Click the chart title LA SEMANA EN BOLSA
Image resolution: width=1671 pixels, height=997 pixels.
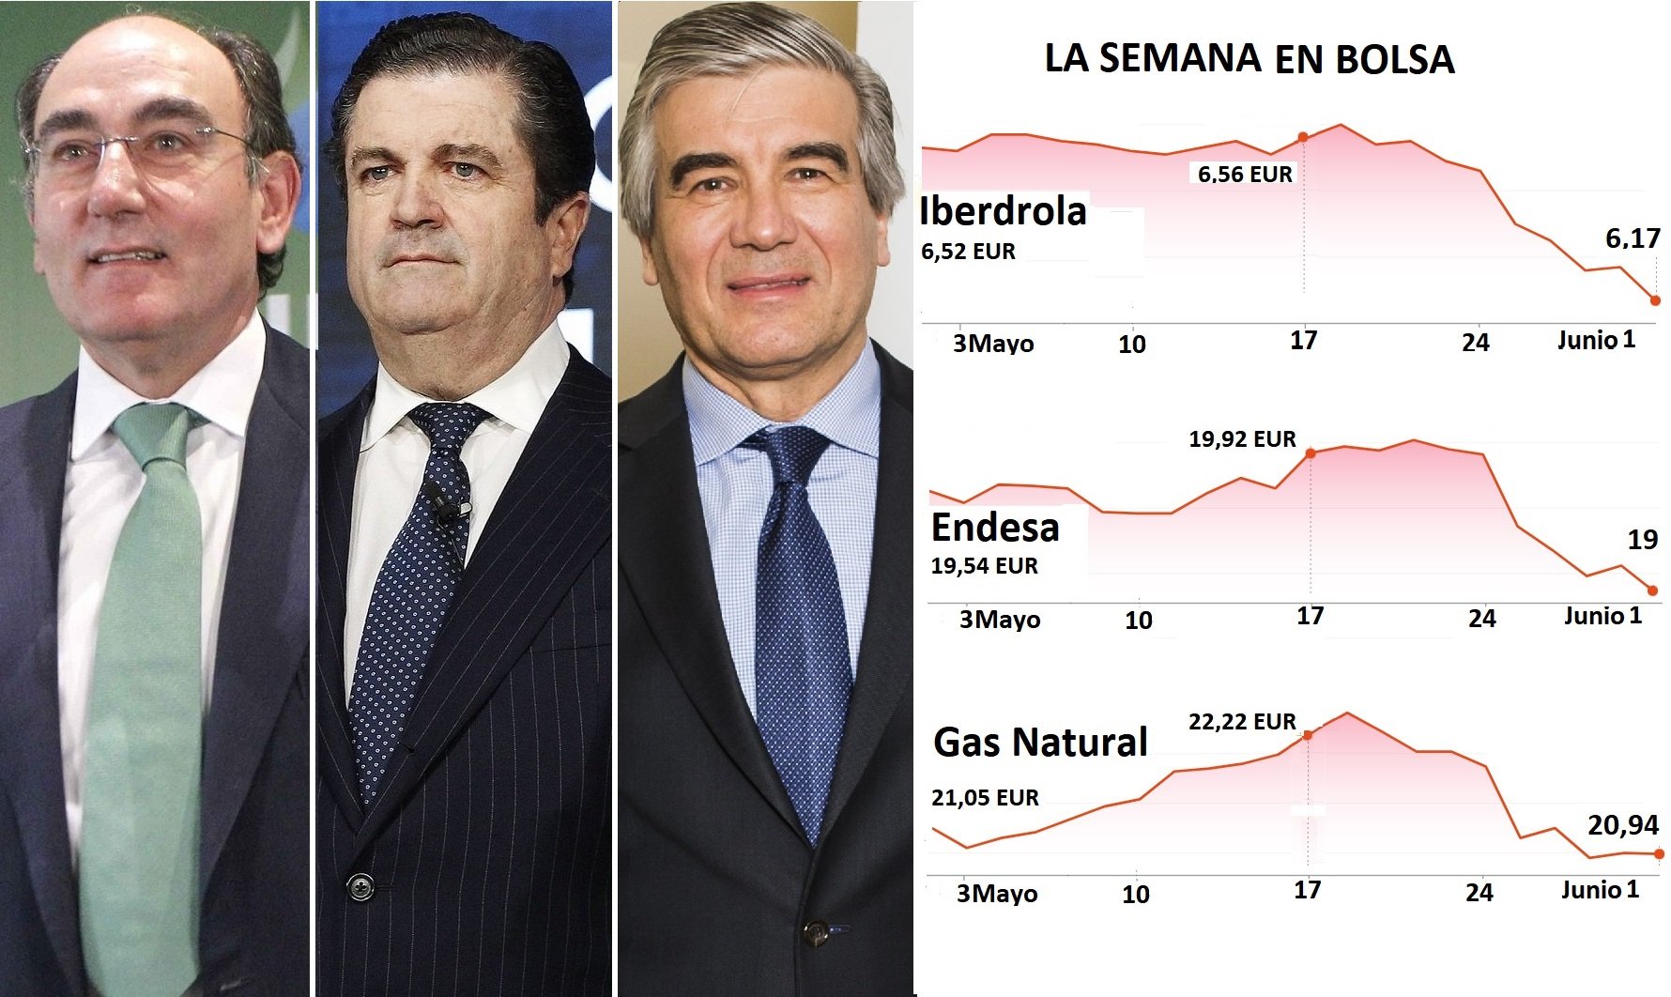1249,58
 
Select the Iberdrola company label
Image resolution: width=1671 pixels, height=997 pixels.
1004,211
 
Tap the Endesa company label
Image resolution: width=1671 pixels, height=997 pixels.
995,528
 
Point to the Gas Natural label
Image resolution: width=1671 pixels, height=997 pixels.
1040,743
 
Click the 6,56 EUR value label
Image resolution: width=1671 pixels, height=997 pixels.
1245,174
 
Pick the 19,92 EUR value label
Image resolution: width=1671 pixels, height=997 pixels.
1242,439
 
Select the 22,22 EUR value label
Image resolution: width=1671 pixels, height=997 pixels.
1242,722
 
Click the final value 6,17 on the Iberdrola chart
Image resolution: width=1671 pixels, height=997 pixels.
1633,238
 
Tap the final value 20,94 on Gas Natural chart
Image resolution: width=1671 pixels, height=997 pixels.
1623,825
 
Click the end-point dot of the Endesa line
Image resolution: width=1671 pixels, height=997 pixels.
1653,591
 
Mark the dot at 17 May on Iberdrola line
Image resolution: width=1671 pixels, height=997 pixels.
1303,137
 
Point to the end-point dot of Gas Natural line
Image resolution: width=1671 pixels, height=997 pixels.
1659,854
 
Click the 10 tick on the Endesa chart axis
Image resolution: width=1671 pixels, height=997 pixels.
1138,621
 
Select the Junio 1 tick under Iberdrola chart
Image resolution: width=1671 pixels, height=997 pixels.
1596,340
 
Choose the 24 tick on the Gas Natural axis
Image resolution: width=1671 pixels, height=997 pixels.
1479,893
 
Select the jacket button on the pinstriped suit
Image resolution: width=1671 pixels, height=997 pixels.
360,885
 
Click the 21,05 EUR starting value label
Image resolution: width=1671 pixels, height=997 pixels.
985,798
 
